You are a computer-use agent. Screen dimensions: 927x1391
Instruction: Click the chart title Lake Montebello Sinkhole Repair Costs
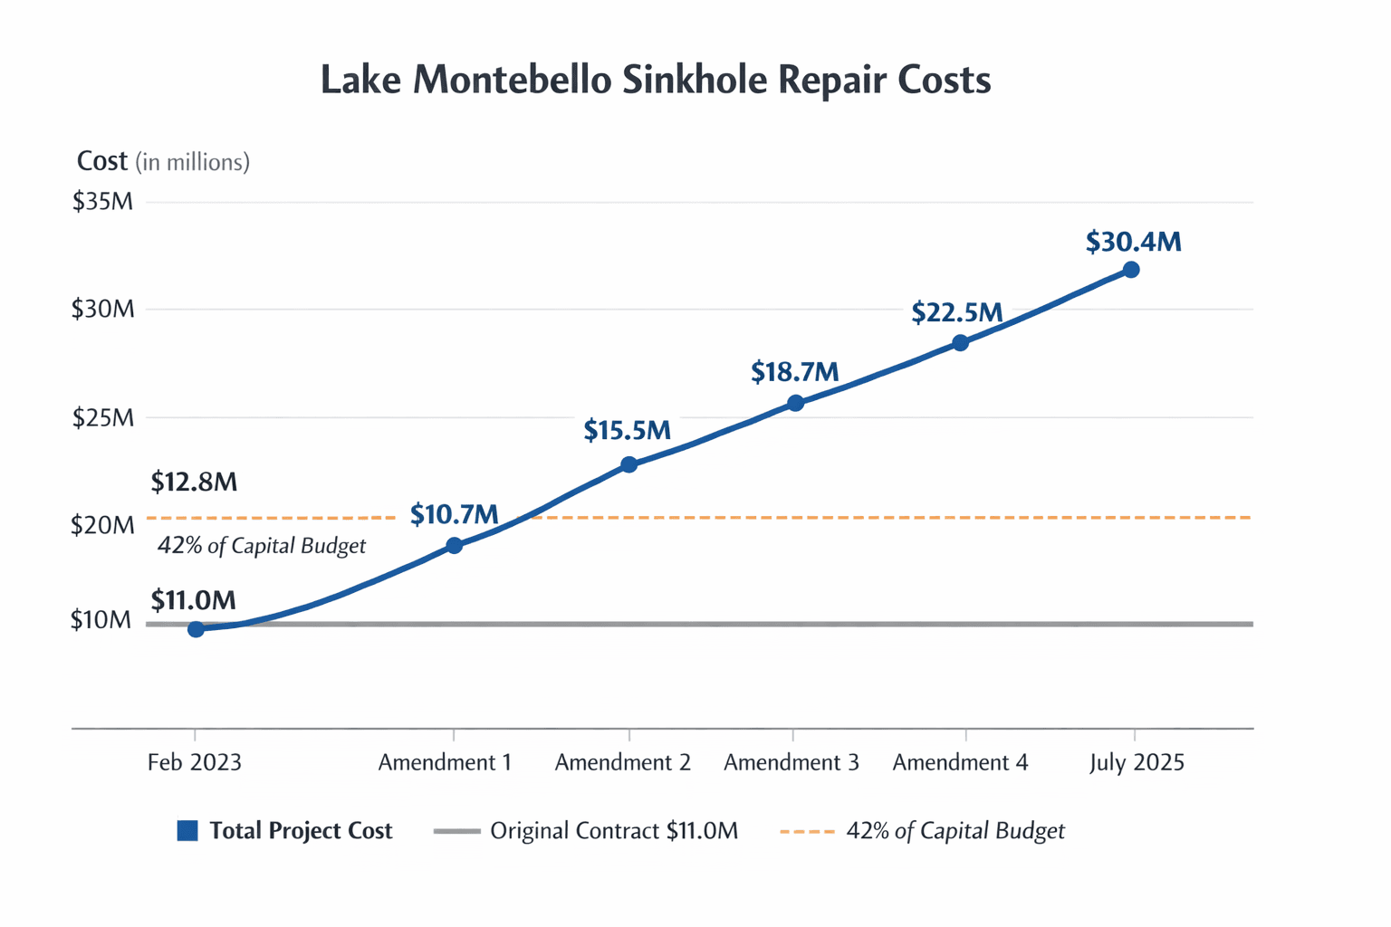[656, 81]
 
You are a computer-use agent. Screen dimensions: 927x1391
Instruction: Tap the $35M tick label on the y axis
[102, 201]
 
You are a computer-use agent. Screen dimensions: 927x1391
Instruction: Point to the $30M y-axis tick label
[102, 310]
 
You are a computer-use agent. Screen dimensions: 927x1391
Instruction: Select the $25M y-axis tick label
[102, 418]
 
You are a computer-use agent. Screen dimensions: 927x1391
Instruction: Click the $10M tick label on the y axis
[101, 621]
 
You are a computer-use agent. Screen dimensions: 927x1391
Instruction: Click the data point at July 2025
[1131, 270]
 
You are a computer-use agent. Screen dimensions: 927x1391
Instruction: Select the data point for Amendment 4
[961, 343]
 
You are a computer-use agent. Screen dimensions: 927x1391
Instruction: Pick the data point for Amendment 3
[795, 403]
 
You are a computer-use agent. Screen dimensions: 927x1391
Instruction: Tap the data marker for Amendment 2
[629, 464]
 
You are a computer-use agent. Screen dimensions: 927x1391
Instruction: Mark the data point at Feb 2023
[196, 629]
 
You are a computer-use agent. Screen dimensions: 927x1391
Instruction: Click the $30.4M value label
[1133, 242]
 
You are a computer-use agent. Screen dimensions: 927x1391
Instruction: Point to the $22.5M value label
[957, 313]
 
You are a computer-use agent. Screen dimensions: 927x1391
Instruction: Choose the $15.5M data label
[627, 431]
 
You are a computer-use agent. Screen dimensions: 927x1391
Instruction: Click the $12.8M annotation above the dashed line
[194, 482]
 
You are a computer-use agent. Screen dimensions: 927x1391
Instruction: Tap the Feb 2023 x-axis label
[195, 762]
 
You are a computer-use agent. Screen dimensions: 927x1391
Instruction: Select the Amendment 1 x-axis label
[445, 762]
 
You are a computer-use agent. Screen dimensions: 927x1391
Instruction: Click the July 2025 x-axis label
[1137, 762]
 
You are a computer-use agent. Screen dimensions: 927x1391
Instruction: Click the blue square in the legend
[187, 831]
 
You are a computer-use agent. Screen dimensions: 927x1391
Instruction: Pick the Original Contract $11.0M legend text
[614, 831]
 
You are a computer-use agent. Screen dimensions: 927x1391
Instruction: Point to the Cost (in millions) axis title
[163, 162]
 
